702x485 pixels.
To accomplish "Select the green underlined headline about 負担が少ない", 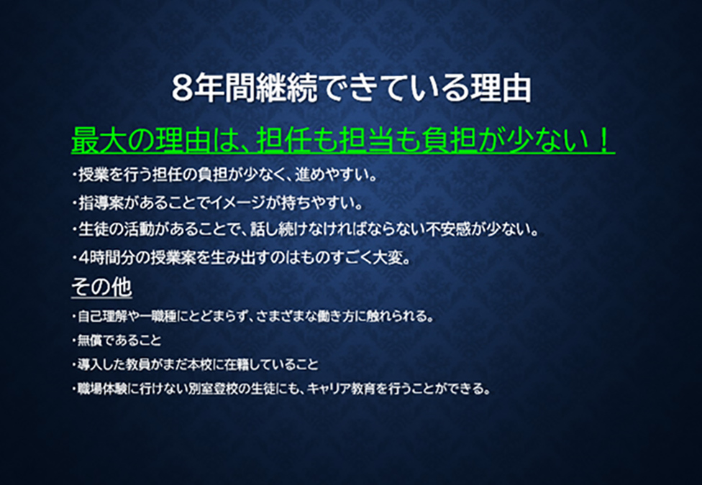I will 342,139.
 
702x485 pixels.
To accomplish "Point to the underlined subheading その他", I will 101,287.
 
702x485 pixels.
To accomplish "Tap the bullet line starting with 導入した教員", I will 195,364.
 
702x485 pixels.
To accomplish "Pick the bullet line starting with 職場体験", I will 281,389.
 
